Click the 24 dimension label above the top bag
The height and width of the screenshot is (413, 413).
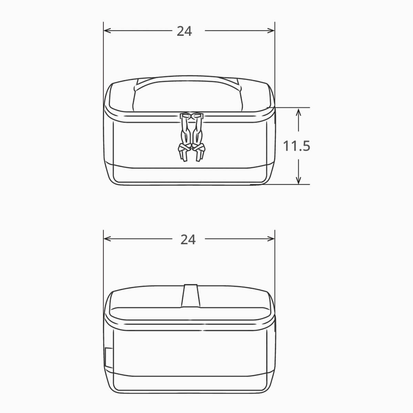click(x=184, y=31)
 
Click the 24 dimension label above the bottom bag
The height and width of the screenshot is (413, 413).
click(x=188, y=240)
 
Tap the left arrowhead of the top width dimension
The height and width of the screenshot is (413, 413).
click(x=107, y=31)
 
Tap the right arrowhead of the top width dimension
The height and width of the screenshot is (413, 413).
click(x=271, y=31)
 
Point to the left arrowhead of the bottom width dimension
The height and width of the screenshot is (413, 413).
click(x=107, y=239)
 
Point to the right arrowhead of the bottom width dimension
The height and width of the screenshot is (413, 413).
click(x=271, y=239)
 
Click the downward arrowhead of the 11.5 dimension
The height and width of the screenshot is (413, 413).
click(x=298, y=180)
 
